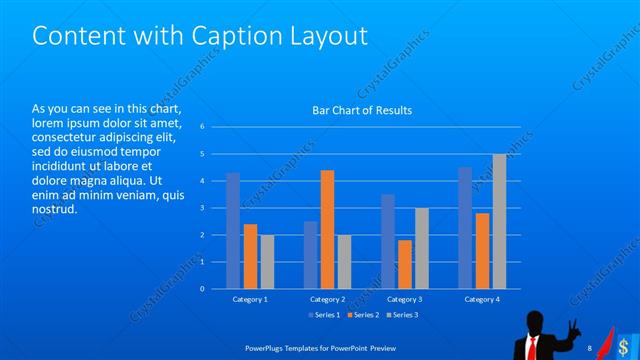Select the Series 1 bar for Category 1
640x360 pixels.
click(233, 230)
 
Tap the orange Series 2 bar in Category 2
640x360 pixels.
click(327, 229)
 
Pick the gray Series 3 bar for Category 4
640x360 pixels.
click(499, 221)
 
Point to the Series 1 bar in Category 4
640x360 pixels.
click(465, 228)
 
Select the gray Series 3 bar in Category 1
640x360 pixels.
click(267, 261)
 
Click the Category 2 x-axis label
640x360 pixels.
click(327, 299)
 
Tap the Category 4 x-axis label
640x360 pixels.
click(482, 299)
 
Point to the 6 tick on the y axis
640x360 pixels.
click(202, 127)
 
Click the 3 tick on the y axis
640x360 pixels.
click(202, 208)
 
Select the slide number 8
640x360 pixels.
click(590, 347)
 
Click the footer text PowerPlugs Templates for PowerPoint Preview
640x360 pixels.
click(317, 348)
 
